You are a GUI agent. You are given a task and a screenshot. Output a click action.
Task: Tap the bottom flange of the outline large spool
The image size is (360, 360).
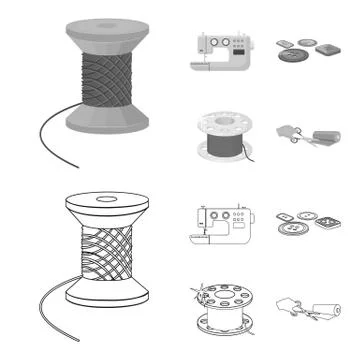(108, 301)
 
